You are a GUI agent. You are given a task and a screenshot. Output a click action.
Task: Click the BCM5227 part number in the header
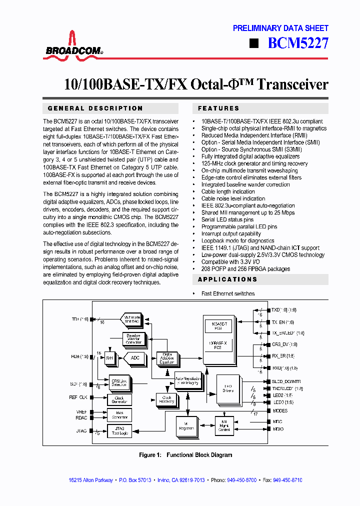[x=298, y=43]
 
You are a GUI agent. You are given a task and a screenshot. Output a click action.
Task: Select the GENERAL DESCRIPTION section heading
[x=95, y=108]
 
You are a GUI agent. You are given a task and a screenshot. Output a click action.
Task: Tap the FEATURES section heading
[x=218, y=108]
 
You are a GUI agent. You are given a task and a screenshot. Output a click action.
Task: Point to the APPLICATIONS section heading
[x=227, y=279]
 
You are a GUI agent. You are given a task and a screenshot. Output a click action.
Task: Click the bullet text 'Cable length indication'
[x=228, y=191]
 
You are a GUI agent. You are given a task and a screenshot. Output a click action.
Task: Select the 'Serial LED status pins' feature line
[x=227, y=219]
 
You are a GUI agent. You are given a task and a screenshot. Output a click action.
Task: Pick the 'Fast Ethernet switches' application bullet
[x=228, y=293]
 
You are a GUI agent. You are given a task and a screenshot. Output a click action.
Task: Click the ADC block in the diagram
[x=134, y=358]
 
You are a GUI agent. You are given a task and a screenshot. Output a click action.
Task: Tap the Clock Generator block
[x=119, y=399]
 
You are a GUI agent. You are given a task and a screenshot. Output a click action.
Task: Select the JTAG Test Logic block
[x=119, y=430]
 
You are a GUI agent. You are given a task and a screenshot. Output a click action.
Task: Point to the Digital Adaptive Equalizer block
[x=168, y=358]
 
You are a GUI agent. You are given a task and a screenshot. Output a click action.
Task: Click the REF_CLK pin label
[x=78, y=397]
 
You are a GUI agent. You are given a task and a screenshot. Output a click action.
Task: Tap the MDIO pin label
[x=278, y=428]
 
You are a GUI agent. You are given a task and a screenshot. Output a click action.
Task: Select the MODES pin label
[x=280, y=410]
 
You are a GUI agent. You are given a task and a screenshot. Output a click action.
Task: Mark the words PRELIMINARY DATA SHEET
[x=280, y=28]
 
